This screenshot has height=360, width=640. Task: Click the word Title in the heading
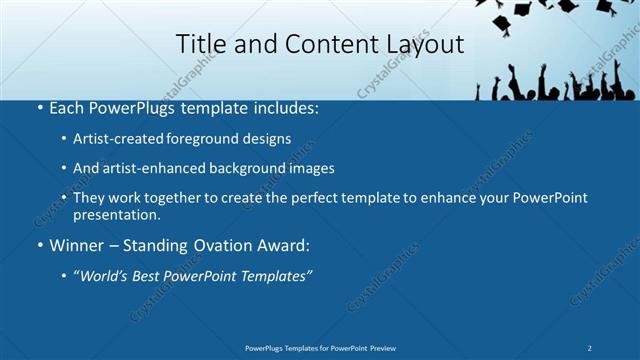coord(198,45)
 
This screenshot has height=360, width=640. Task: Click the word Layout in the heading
coord(428,45)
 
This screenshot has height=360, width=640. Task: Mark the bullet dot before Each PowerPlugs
coord(39,106)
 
